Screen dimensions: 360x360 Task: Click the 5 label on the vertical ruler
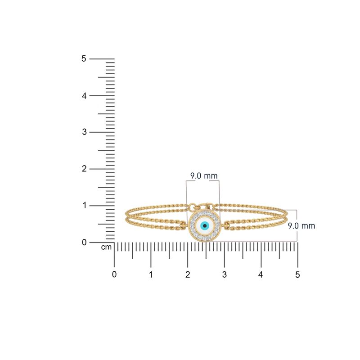click(84, 58)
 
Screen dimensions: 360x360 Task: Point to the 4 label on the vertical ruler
click(84, 95)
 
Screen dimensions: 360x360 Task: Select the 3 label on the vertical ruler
click(84, 132)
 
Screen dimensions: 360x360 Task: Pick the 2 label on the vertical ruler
click(84, 169)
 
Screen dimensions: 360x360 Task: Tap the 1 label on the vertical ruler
click(84, 206)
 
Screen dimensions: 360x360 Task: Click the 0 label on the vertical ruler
click(84, 243)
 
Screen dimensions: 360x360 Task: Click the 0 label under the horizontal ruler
click(114, 274)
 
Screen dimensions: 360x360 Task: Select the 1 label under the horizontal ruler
click(151, 274)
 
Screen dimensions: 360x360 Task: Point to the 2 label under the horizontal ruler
click(188, 274)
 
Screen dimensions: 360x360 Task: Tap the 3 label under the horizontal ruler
click(224, 274)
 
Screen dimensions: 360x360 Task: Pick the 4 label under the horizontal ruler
click(261, 274)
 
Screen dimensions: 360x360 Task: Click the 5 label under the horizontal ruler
click(297, 274)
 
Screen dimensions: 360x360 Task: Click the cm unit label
click(106, 247)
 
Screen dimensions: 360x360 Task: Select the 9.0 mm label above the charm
click(201, 176)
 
